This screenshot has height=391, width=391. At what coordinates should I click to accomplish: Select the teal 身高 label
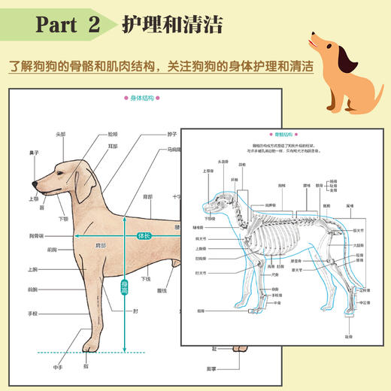[x=124, y=286]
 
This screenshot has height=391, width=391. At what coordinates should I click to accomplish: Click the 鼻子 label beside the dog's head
[x=33, y=153]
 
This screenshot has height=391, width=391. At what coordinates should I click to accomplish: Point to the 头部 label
[x=61, y=135]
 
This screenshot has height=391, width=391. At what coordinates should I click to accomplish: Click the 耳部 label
[x=112, y=146]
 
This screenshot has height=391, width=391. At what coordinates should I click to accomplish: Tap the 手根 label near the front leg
[x=33, y=314]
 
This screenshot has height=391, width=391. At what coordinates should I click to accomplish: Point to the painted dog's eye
[x=62, y=168]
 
